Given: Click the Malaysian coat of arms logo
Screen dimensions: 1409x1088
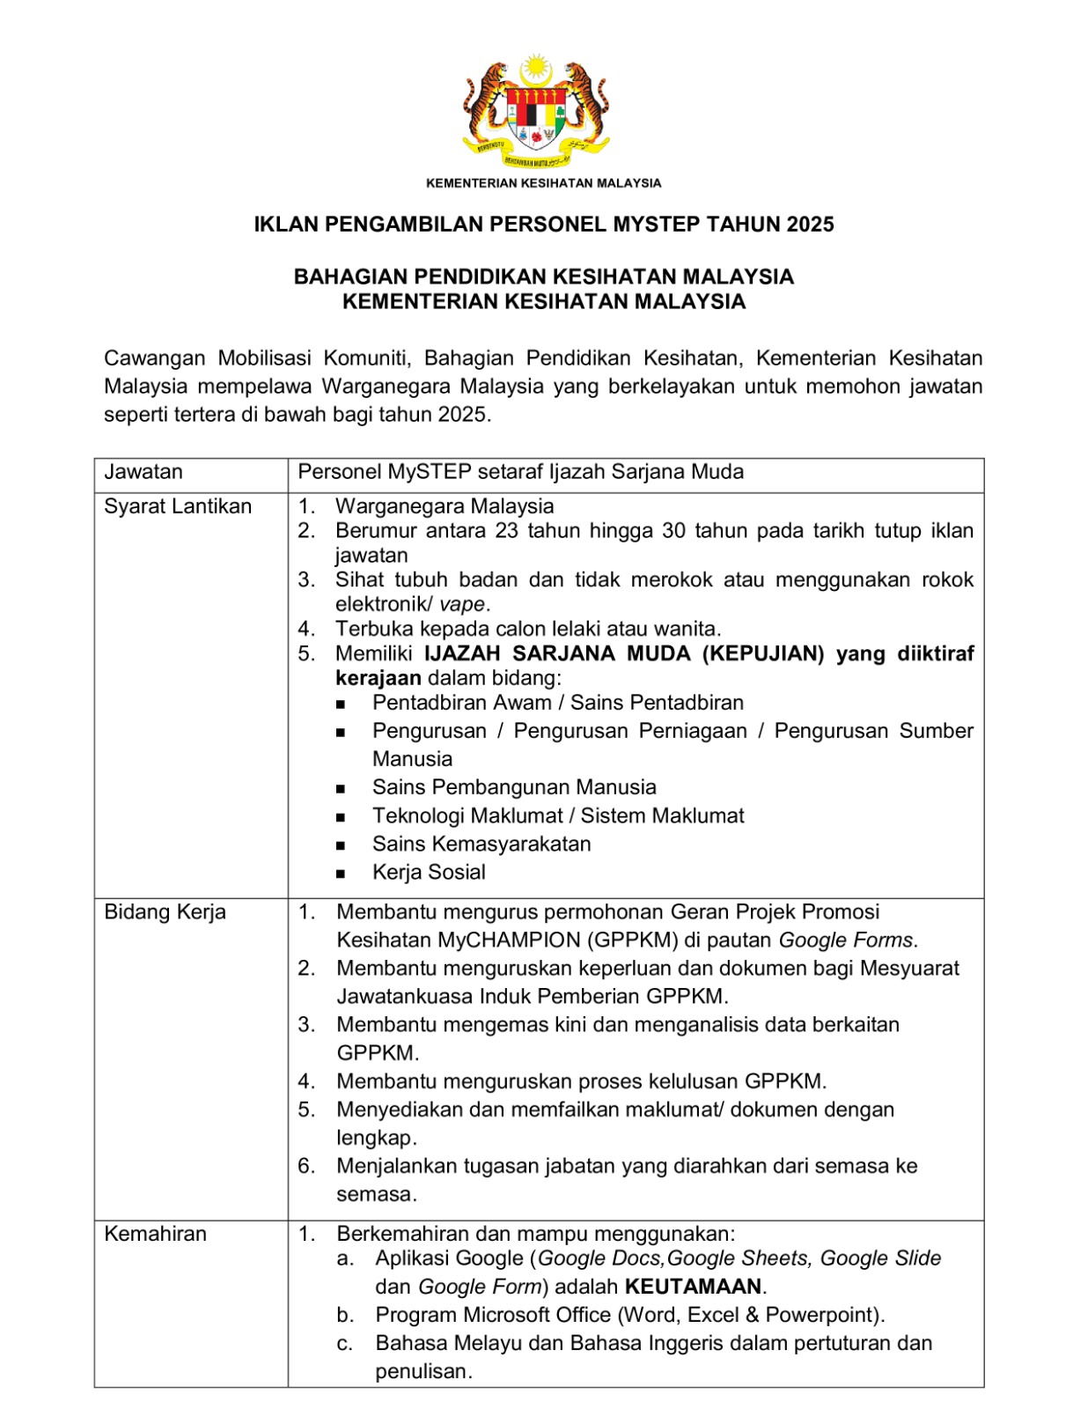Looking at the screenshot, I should click(x=536, y=112).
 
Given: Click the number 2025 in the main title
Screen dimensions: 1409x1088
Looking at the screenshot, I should click(x=811, y=225).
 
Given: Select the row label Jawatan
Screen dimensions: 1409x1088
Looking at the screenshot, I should click(x=143, y=472).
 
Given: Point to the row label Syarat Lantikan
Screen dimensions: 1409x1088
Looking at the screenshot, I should click(x=178, y=506).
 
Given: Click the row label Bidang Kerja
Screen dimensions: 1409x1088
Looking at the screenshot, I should click(x=165, y=912).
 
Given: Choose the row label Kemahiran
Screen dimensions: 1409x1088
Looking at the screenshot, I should click(x=155, y=1234).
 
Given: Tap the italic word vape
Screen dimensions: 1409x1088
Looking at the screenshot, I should click(x=462, y=604).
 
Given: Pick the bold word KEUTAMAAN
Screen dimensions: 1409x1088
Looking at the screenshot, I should click(x=694, y=1287).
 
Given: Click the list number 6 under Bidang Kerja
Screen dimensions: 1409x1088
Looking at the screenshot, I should click(x=306, y=1166).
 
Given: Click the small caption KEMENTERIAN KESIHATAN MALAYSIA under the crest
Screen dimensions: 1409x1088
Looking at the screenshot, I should click(x=543, y=183).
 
